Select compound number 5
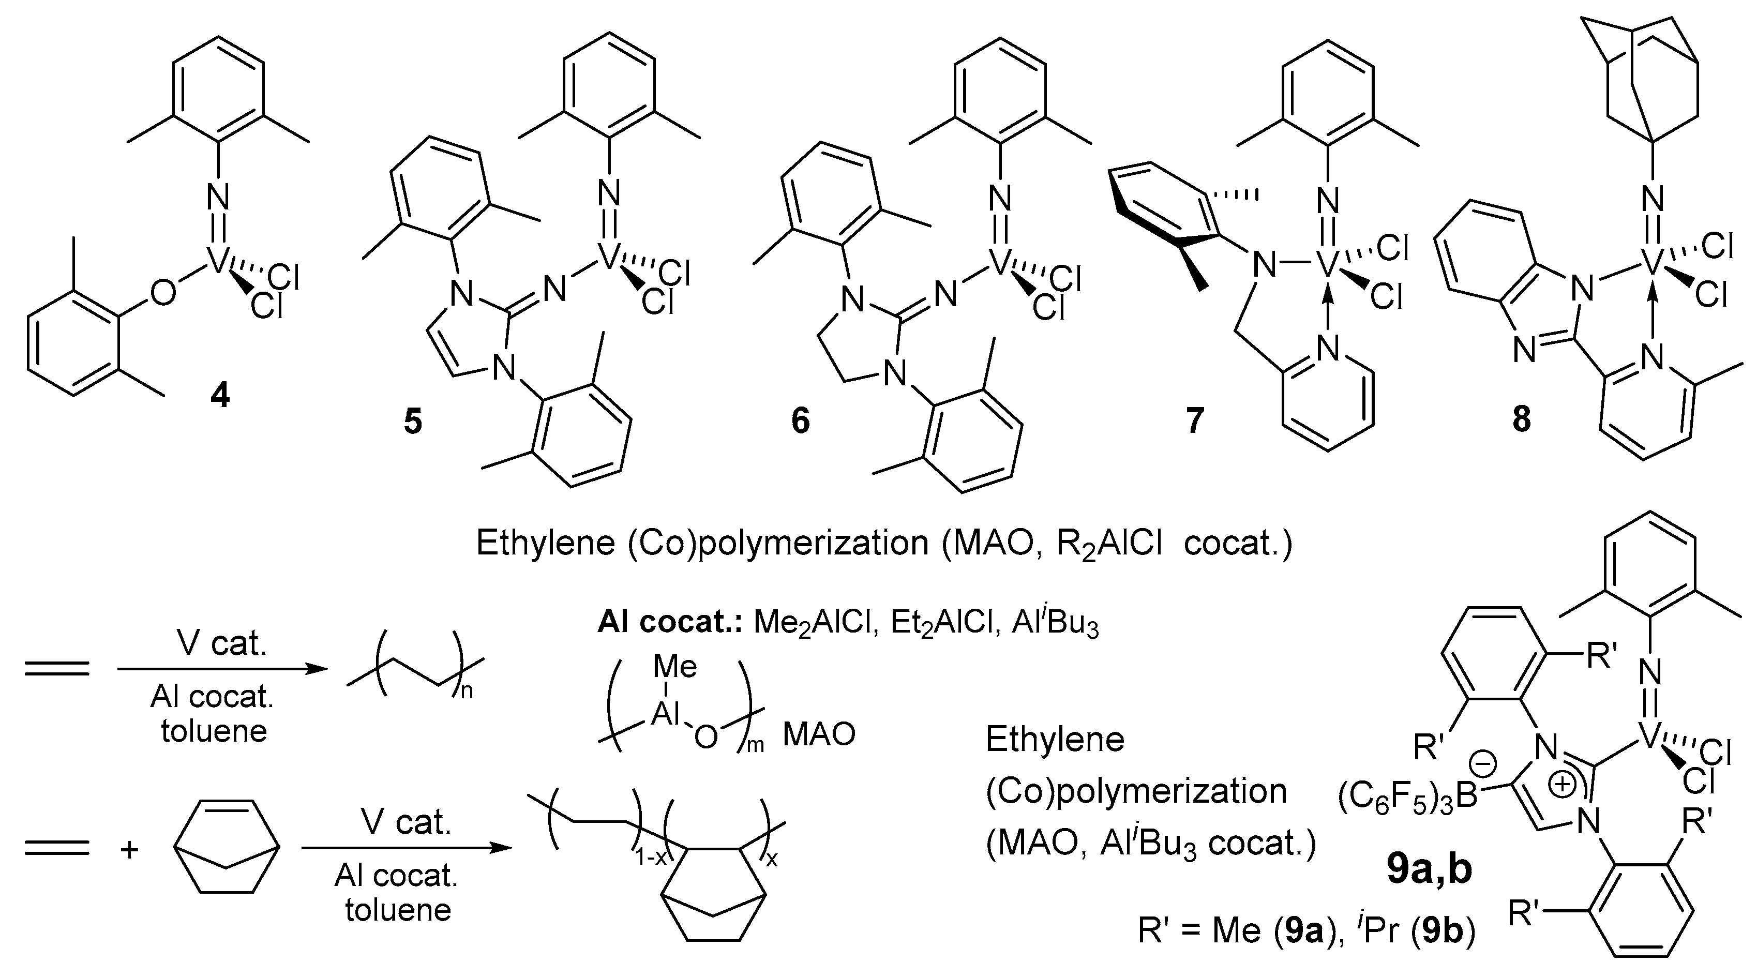pyautogui.click(x=413, y=421)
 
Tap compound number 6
pyautogui.click(x=800, y=420)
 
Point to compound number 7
pyautogui.click(x=1194, y=420)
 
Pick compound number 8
pyautogui.click(x=1521, y=419)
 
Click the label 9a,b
pyautogui.click(x=1430, y=870)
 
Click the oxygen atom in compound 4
pyautogui.click(x=162, y=293)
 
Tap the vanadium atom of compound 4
pyautogui.click(x=217, y=261)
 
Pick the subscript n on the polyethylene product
pyautogui.click(x=467, y=691)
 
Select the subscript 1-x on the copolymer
pyautogui.click(x=650, y=858)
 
